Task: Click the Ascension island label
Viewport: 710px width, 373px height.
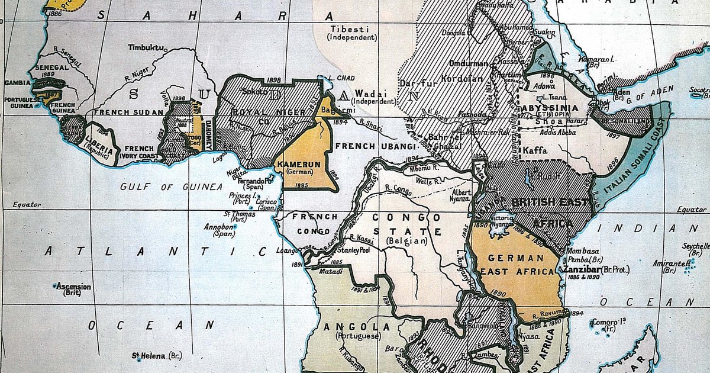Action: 73,287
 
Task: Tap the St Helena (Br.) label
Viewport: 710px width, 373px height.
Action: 157,356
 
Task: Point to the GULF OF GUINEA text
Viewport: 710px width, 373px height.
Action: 171,187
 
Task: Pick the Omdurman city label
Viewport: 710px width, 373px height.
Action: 468,64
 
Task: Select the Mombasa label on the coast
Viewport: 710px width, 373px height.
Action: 582,250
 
